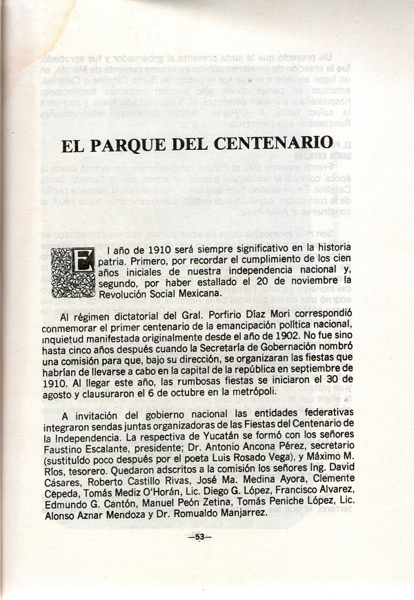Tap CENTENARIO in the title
point(269,147)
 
